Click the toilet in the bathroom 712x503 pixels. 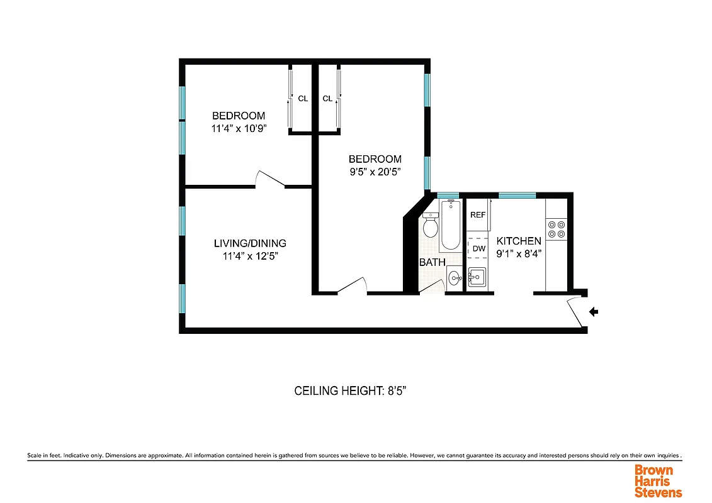click(x=431, y=226)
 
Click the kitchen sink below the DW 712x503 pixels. click(x=476, y=276)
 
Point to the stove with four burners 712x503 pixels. click(x=557, y=229)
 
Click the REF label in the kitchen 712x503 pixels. click(x=478, y=215)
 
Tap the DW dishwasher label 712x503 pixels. click(x=478, y=248)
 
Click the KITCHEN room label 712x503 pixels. click(x=519, y=241)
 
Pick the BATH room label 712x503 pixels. click(x=432, y=262)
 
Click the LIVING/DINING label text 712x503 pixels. click(x=250, y=243)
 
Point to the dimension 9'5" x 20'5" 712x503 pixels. click(x=375, y=171)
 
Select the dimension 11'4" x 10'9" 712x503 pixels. click(x=239, y=128)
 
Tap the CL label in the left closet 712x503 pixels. click(x=303, y=99)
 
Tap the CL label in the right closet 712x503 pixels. click(x=327, y=99)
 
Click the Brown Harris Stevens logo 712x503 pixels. click(x=658, y=481)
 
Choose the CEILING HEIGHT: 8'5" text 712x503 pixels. click(x=354, y=391)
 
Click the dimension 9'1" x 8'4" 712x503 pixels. click(x=519, y=253)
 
